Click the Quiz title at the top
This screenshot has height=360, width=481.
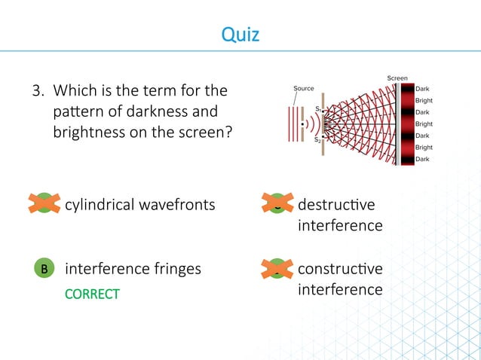(x=240, y=34)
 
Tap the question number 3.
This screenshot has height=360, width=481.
(x=35, y=92)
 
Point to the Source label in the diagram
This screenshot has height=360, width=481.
(x=303, y=89)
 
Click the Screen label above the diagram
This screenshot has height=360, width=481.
(x=397, y=78)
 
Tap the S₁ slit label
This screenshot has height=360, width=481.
(x=319, y=110)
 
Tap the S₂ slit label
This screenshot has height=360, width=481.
(x=319, y=139)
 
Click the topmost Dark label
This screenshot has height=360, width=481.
(x=423, y=88)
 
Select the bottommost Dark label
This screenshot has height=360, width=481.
(x=423, y=159)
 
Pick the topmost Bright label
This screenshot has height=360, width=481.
(x=424, y=100)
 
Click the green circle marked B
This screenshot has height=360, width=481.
(x=44, y=268)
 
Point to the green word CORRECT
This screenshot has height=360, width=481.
(x=92, y=294)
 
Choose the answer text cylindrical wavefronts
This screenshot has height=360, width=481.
(x=140, y=204)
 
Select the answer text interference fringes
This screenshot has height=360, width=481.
(x=133, y=268)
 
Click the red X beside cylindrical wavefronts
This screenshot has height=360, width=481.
(x=44, y=203)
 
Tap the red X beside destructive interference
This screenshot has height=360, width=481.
(x=277, y=203)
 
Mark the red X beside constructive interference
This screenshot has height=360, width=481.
(x=277, y=268)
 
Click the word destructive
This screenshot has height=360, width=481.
(x=335, y=204)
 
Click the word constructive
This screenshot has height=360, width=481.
(x=340, y=268)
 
